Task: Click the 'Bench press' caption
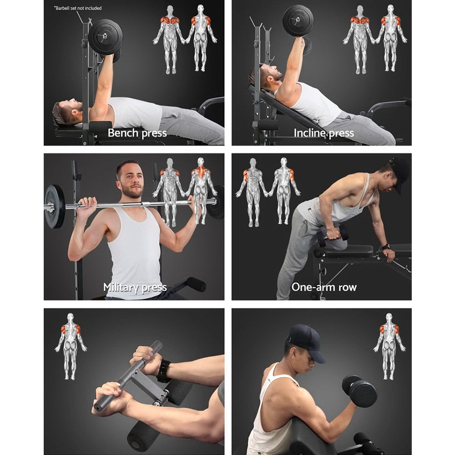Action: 137,133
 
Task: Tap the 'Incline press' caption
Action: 324,133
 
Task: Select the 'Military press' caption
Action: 135,288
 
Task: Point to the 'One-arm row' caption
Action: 324,287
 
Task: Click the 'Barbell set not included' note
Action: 78,8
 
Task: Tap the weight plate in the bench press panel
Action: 106,37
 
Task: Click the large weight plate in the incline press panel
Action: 298,21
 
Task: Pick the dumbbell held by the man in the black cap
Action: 359,391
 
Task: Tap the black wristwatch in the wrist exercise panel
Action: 164,371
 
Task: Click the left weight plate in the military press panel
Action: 54,207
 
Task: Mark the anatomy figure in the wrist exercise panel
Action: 70,345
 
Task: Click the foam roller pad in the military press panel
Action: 195,284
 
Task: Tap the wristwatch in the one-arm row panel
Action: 386,246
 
